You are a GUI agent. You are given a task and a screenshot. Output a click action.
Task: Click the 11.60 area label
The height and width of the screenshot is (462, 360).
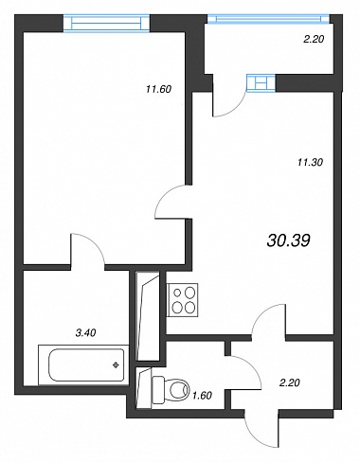point(158,89)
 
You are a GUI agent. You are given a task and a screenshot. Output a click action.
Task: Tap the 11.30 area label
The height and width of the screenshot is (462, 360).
point(310,163)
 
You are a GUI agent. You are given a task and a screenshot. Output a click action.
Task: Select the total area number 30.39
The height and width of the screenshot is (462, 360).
point(288,240)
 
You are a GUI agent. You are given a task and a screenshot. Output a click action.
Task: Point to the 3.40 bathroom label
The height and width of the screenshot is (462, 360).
point(86,332)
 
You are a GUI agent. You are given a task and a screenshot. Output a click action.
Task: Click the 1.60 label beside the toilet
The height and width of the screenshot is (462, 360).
point(202,395)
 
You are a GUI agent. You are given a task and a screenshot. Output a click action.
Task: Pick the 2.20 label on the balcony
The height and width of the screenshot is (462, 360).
point(314,40)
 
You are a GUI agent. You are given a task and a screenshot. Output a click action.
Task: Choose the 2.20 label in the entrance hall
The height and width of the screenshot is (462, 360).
point(290,382)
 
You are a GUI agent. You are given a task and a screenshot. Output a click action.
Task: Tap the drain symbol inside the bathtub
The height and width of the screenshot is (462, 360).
point(116,365)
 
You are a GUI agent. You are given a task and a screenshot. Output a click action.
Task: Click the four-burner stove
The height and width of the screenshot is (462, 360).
point(182,300)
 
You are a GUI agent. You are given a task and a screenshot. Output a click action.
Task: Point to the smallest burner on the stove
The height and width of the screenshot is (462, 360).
point(177,293)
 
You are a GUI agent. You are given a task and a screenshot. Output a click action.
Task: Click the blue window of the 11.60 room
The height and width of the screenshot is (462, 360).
point(106,23)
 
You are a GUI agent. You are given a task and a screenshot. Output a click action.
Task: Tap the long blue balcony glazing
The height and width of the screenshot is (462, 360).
point(269,19)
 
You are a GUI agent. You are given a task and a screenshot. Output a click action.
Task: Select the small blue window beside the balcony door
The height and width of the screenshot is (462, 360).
point(261,83)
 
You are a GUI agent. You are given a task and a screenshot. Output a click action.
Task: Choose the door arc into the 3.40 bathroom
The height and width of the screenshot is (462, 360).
point(96,244)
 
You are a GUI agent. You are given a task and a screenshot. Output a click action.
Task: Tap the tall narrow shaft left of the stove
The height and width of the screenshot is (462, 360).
point(148,316)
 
